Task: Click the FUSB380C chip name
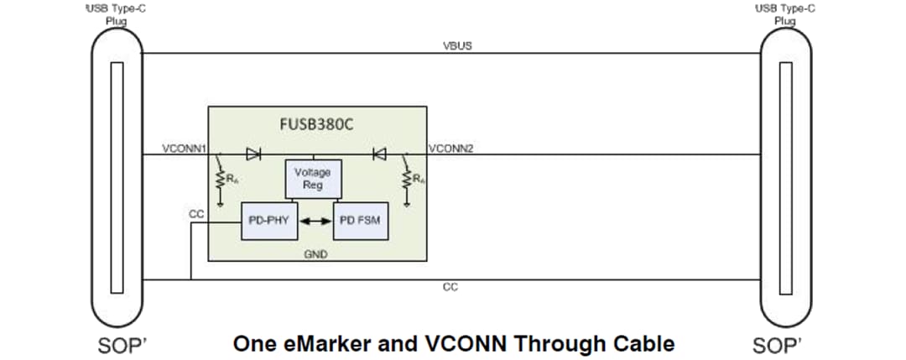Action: click(x=317, y=124)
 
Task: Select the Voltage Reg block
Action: click(x=312, y=178)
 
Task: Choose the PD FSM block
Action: click(x=358, y=221)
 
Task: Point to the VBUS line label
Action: click(x=457, y=45)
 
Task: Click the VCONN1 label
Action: click(x=185, y=149)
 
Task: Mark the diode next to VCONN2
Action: click(x=378, y=154)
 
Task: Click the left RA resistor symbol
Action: click(x=220, y=180)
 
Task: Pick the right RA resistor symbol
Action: click(x=406, y=180)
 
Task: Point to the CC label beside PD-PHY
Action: click(x=196, y=214)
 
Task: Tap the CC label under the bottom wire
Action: click(x=450, y=287)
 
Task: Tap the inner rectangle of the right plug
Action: click(x=785, y=179)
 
